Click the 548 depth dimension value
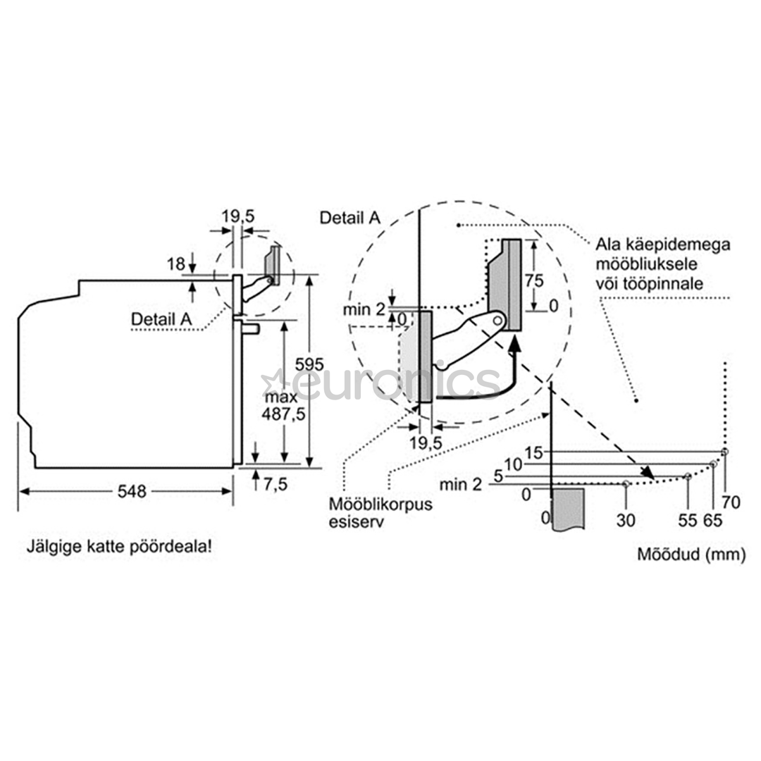132,491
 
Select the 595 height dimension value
309,364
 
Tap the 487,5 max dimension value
283,414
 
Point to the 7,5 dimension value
276,484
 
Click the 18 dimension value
176,264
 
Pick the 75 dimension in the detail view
534,280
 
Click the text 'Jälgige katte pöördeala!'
119,547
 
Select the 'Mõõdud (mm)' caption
691,554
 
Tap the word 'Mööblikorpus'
380,504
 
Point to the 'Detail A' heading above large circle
350,218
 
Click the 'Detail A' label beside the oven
161,319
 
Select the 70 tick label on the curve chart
731,502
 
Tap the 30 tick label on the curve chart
626,520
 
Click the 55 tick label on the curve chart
688,520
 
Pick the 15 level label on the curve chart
533,453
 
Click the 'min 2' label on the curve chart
461,484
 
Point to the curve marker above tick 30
626,483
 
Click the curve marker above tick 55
688,476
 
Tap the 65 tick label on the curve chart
713,520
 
